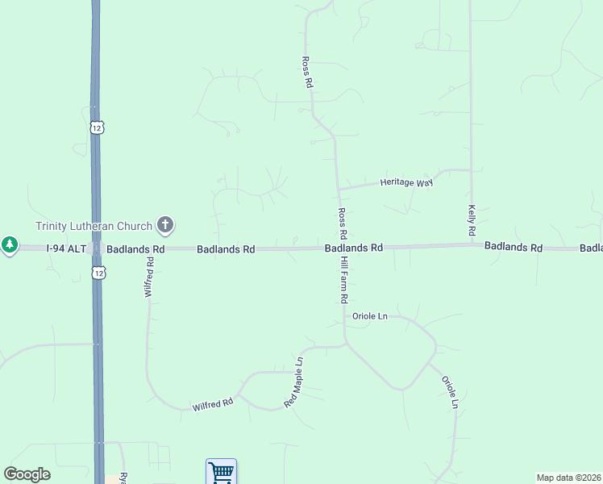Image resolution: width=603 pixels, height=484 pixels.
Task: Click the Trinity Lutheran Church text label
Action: (94, 226)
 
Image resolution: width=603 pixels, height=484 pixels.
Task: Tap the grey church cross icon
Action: (165, 224)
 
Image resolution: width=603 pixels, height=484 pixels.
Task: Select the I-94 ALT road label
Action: (65, 249)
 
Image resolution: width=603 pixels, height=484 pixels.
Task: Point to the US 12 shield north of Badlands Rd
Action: (97, 127)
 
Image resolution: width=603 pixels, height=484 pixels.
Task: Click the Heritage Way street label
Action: (407, 183)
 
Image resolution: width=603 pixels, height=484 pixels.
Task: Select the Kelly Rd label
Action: (472, 220)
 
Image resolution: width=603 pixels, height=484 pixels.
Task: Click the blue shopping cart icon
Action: (220, 471)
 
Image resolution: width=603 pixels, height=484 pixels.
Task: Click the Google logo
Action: (27, 474)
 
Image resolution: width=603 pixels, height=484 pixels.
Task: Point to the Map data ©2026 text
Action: (568, 478)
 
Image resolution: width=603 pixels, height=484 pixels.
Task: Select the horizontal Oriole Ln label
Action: (369, 317)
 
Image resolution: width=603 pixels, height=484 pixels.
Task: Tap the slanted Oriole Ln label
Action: (450, 392)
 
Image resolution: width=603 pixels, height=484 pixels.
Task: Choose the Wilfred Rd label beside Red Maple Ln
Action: (213, 405)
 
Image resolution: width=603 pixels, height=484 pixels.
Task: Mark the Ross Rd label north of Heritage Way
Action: (306, 73)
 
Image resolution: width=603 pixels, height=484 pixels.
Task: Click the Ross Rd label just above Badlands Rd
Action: (343, 223)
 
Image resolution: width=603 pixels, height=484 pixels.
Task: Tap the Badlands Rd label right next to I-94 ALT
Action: (135, 250)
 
